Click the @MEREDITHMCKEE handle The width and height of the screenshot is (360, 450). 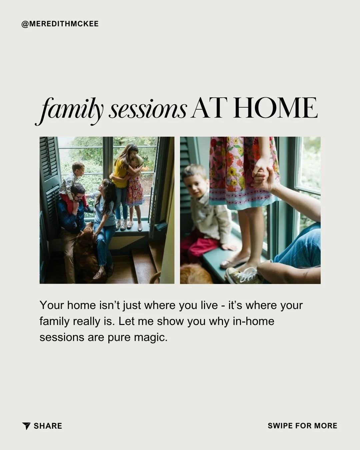click(60, 24)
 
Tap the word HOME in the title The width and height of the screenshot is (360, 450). click(275, 108)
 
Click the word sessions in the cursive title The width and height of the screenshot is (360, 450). click(147, 109)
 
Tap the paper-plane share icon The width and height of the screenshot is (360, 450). click(26, 426)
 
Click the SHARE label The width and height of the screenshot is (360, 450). click(48, 426)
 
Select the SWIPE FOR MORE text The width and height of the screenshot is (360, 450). click(302, 426)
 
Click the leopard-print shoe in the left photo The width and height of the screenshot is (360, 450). click(99, 275)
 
